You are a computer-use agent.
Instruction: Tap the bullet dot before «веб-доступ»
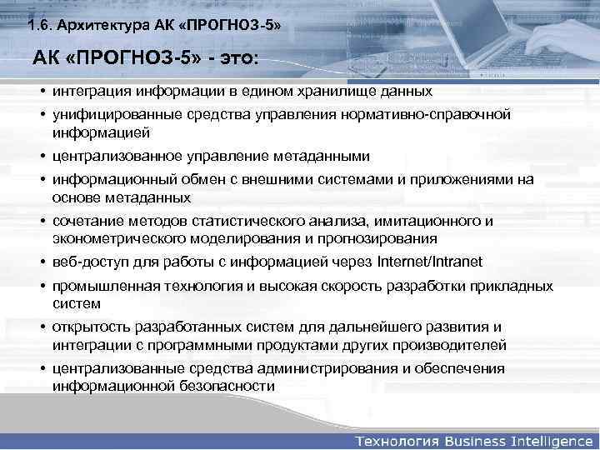click(41, 262)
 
